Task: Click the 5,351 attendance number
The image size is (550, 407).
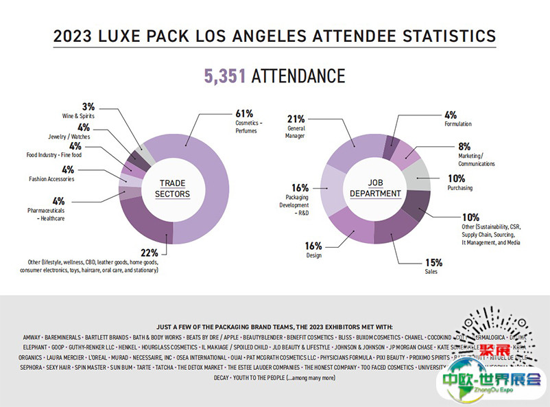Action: pos(225,75)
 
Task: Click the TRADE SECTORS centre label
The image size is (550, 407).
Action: pos(175,189)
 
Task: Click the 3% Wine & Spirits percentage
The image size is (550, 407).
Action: pos(88,107)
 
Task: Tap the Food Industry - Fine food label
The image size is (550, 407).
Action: pos(53,154)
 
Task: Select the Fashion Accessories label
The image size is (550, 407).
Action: pos(51,179)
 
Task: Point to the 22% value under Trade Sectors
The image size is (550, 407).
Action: pos(149,253)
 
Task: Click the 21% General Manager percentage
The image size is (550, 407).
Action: pos(296,119)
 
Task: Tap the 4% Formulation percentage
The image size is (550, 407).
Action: pos(450,115)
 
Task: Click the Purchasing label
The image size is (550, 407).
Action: pos(459,187)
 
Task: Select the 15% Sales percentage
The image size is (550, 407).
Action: pos(433,262)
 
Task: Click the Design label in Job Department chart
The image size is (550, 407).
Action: pos(314,255)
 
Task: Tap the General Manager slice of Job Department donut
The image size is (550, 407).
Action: pos(355,148)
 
